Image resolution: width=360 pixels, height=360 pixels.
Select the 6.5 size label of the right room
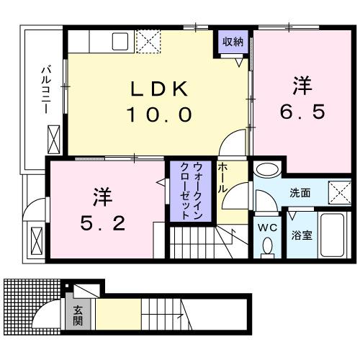(301, 112)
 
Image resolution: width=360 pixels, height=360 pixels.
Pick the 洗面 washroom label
(300, 193)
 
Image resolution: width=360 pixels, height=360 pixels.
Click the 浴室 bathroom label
(300, 235)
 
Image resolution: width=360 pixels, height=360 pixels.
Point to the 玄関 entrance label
(78, 315)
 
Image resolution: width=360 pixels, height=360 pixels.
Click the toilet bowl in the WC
(267, 246)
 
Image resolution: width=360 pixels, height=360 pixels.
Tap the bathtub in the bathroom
(331, 234)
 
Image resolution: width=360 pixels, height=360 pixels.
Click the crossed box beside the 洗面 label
(338, 193)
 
